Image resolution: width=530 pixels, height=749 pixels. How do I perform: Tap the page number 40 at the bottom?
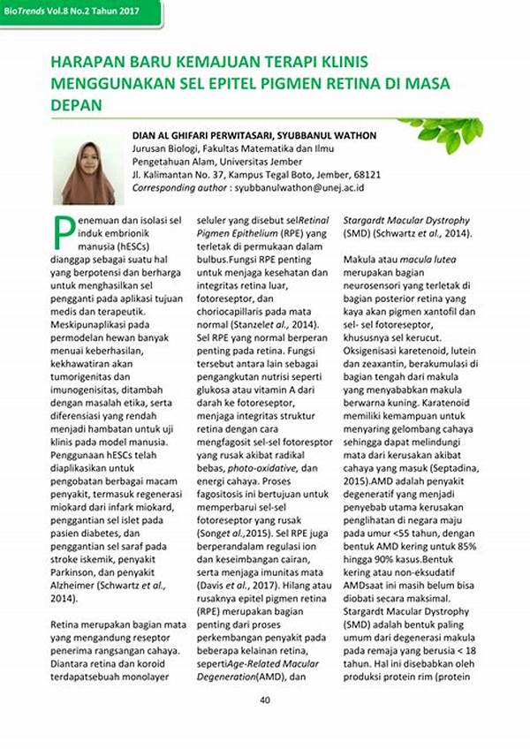pyautogui.click(x=264, y=701)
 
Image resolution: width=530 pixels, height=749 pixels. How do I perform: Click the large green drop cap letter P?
pyautogui.click(x=63, y=231)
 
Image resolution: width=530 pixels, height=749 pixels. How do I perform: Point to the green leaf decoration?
pyautogui.click(x=442, y=132)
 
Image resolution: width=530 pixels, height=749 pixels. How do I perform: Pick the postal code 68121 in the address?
pyautogui.click(x=367, y=175)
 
